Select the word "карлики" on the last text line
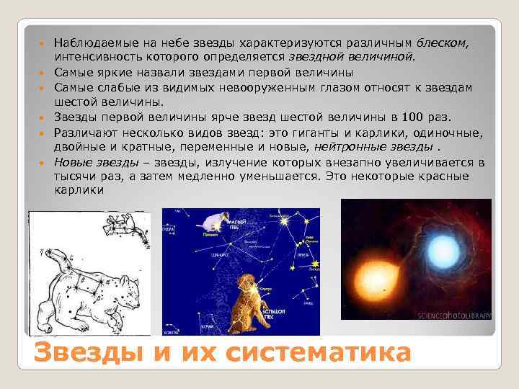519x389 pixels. coord(79,190)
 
